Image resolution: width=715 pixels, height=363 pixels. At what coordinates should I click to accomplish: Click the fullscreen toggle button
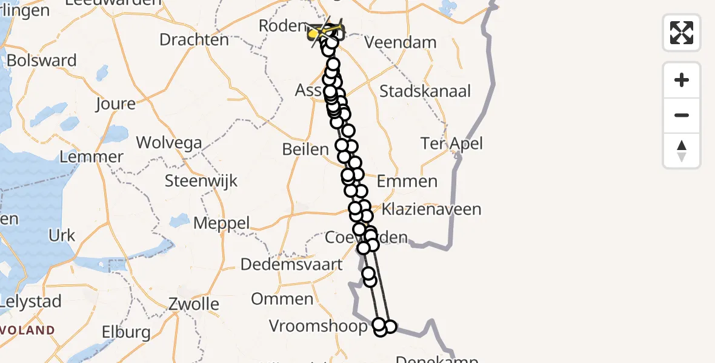pyautogui.click(x=682, y=33)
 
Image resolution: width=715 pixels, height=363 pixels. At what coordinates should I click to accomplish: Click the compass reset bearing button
pyautogui.click(x=682, y=151)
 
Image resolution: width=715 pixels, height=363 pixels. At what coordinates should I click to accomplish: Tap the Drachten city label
pyautogui.click(x=194, y=40)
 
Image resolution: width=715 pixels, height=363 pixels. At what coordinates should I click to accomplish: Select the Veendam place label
pyautogui.click(x=401, y=42)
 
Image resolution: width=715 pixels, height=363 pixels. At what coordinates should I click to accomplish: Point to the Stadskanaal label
pyautogui.click(x=425, y=91)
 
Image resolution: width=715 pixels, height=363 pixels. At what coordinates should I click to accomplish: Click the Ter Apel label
pyautogui.click(x=453, y=143)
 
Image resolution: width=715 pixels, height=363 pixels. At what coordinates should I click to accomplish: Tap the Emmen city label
pyautogui.click(x=407, y=181)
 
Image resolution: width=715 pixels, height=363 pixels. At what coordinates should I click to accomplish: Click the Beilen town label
pyautogui.click(x=305, y=149)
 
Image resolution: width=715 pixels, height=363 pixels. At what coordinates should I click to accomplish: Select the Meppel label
pyautogui.click(x=221, y=223)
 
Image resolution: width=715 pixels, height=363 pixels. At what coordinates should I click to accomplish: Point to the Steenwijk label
pyautogui.click(x=201, y=181)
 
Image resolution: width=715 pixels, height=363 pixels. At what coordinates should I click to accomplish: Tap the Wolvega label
pyautogui.click(x=169, y=143)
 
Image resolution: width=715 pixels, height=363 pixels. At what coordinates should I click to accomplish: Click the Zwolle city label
pyautogui.click(x=194, y=303)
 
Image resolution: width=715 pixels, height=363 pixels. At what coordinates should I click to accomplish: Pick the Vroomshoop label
pyautogui.click(x=318, y=327)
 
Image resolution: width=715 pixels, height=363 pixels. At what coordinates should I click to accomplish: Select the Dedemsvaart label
pyautogui.click(x=291, y=264)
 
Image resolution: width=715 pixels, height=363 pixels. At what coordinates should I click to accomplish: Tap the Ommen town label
pyautogui.click(x=282, y=299)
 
